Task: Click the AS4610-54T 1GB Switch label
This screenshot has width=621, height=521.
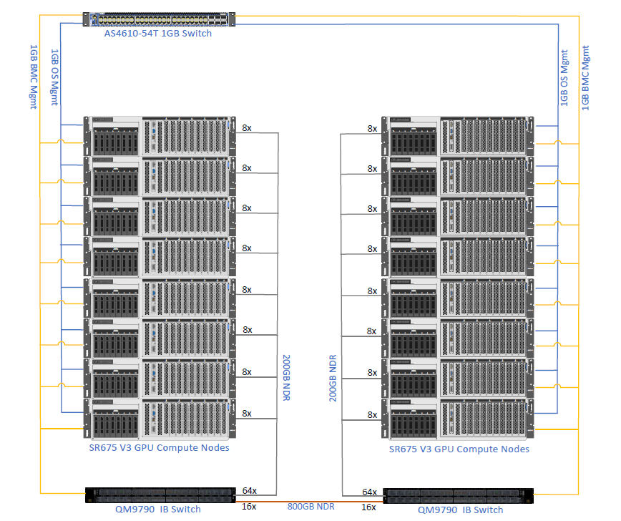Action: [157, 34]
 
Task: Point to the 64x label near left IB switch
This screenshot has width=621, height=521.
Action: [250, 492]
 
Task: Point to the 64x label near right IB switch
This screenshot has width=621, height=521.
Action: [369, 492]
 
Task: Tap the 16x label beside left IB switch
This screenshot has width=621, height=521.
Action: [250, 507]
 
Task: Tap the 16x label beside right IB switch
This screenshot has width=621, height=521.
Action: [369, 507]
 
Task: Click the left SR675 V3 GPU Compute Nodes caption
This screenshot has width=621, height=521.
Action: [161, 448]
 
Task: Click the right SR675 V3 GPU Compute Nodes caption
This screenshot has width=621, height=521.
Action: [459, 449]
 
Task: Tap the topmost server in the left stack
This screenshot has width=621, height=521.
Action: [160, 135]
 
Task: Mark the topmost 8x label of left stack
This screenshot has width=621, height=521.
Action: [247, 127]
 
